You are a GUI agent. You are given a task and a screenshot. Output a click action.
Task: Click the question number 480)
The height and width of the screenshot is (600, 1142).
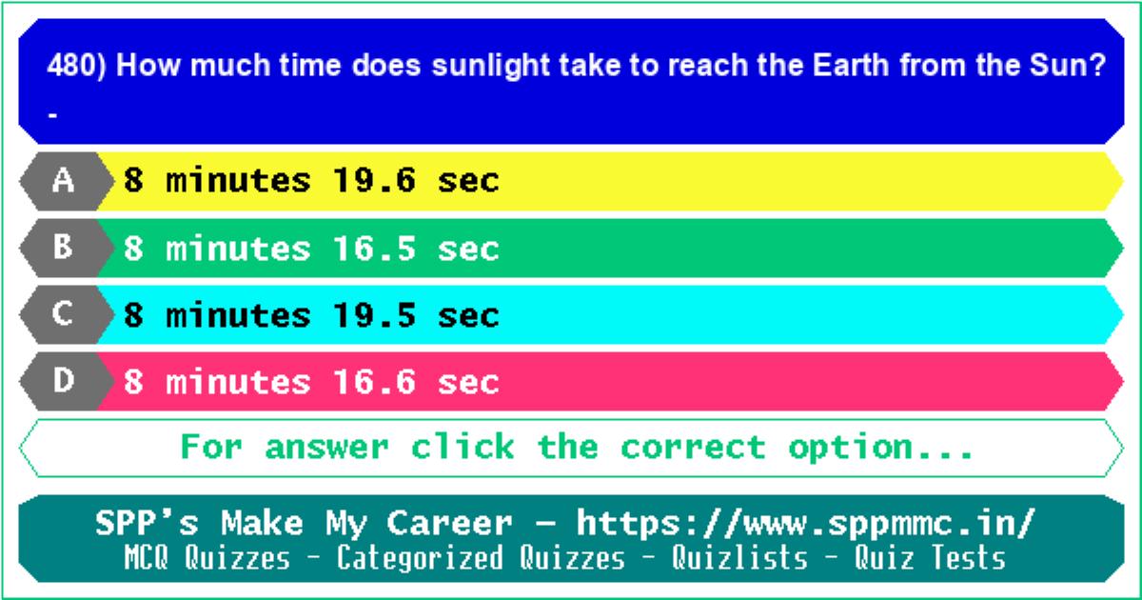pos(76,66)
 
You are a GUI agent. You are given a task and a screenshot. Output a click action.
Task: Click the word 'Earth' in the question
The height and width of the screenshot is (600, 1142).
pos(851,65)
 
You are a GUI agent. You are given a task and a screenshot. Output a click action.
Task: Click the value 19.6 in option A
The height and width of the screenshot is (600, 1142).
pos(374,181)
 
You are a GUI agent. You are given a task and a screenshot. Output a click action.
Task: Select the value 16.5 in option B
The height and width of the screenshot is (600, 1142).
pos(374,249)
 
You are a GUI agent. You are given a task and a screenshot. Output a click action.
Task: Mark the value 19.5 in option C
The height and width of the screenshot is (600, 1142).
pos(374,315)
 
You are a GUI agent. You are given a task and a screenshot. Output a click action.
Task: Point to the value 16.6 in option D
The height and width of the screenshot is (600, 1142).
pos(374,382)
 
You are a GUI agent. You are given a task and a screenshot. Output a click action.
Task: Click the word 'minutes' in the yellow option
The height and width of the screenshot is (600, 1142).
pos(238,181)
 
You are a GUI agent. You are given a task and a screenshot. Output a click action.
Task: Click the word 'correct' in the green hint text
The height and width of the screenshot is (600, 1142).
pos(694,448)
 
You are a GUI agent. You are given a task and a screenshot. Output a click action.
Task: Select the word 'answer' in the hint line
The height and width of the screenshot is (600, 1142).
pos(327,448)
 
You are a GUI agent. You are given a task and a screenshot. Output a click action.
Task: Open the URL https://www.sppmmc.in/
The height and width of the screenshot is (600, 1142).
pos(806,524)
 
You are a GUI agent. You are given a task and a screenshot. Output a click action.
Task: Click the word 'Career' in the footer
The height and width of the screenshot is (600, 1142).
pos(449,524)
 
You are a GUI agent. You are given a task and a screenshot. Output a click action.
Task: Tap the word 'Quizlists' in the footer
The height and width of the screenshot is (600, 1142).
pos(739,557)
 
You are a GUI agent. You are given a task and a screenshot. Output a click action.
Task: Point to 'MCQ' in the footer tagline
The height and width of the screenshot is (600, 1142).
pos(147,558)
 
